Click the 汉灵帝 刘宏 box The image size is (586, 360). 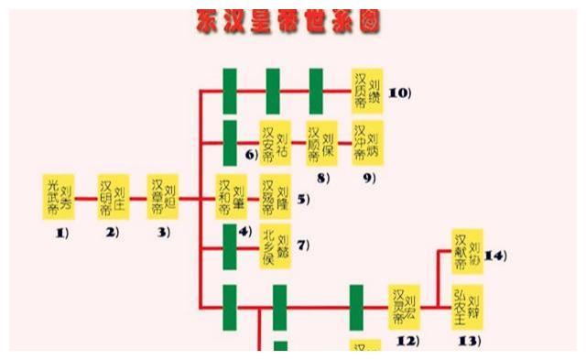[x=405, y=308]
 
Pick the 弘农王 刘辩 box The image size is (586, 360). [x=468, y=308]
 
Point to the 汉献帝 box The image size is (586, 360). [x=468, y=250]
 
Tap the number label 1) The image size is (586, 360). [x=60, y=233]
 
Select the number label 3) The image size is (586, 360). [x=163, y=233]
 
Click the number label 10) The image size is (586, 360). [x=400, y=93]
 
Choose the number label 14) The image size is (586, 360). [x=495, y=255]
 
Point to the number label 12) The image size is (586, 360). [x=407, y=342]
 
